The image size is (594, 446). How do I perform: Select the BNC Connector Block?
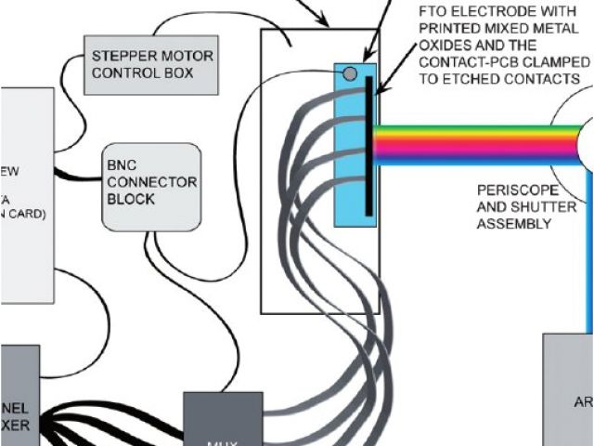click(151, 187)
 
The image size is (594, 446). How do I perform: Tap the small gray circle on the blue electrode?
click(350, 73)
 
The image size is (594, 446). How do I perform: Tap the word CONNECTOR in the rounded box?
click(151, 182)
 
